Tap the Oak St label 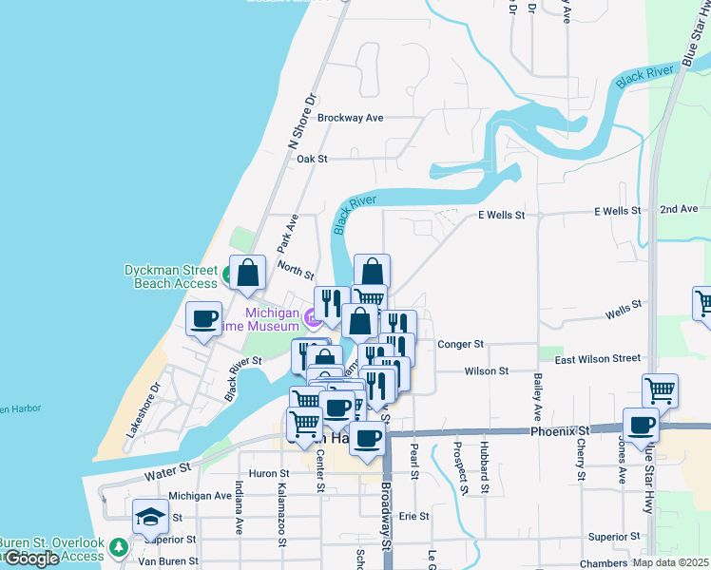point(312,160)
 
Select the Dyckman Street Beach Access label point(171,276)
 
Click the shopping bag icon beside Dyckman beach point(247,275)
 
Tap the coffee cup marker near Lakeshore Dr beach point(204,320)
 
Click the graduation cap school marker point(150,517)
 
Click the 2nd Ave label point(679,209)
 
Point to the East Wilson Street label point(598,358)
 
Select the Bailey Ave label point(538,397)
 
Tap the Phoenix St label point(559,430)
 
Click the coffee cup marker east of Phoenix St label point(641,425)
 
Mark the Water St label point(168,470)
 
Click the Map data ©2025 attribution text point(669,562)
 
